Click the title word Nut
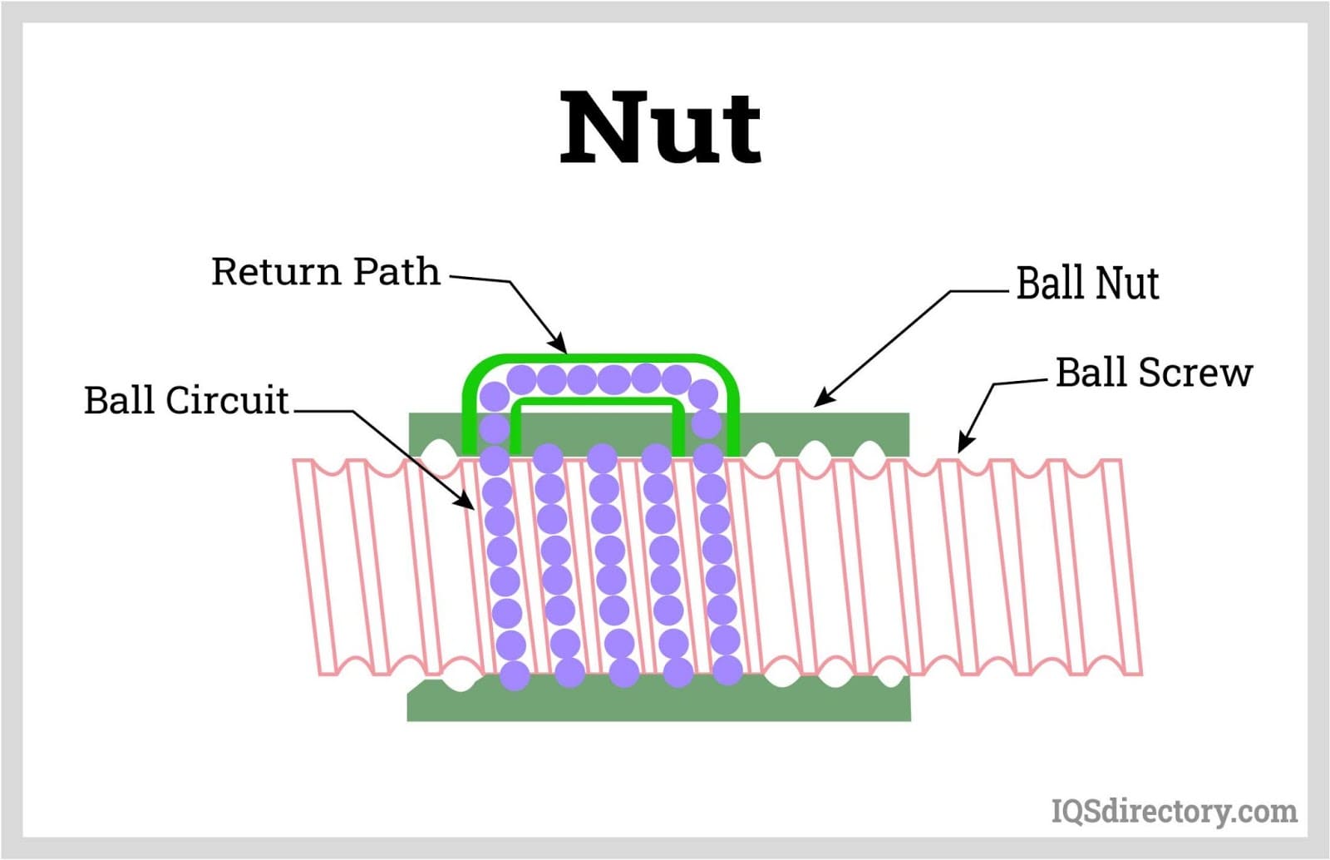pos(660,128)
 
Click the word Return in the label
pos(276,272)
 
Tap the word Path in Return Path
pos(396,272)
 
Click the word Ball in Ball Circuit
pos(121,400)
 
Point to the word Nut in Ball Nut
pos(1127,284)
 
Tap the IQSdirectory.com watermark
pos(1174,810)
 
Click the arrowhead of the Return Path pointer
pos(560,345)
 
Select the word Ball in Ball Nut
pos(1050,284)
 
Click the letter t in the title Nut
pos(741,133)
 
